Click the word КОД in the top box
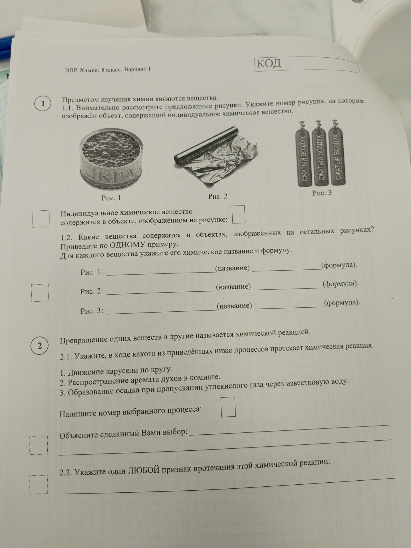tap(269, 64)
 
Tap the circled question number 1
tap(43, 104)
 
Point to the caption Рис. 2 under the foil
tap(218, 196)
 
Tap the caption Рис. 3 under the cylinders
tap(322, 193)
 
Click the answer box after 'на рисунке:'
tap(239, 214)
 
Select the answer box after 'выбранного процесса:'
tap(228, 406)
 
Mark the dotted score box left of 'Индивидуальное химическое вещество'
tap(41, 219)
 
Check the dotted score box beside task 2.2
tap(39, 485)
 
